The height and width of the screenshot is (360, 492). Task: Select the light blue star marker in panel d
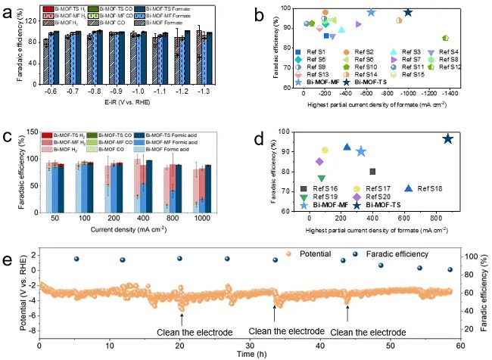(x=360, y=151)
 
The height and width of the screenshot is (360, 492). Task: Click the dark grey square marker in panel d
(x=372, y=172)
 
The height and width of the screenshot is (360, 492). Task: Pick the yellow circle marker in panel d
(x=325, y=150)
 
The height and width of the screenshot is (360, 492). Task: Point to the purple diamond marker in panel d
(x=319, y=161)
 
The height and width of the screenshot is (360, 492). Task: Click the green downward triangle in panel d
(x=322, y=178)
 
